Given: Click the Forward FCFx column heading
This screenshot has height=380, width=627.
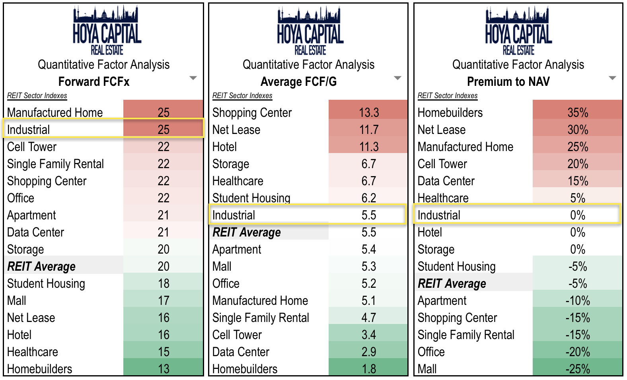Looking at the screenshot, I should (x=94, y=81).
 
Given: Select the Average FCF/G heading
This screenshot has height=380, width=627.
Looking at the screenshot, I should (x=298, y=81).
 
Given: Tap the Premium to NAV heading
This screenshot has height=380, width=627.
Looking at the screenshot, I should (x=508, y=81).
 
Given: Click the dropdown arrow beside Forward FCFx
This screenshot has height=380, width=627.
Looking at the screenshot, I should (x=193, y=78).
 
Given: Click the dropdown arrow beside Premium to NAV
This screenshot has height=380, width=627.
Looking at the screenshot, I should (x=612, y=78).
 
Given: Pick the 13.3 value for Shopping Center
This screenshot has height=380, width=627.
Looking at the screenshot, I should (x=369, y=112).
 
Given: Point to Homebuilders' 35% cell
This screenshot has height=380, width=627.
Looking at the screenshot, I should (x=578, y=112).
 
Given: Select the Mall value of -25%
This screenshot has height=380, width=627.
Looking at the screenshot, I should (x=578, y=369).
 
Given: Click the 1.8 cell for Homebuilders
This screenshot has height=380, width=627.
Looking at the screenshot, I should (x=369, y=369).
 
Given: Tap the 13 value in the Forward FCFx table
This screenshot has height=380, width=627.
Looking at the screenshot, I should (x=164, y=369).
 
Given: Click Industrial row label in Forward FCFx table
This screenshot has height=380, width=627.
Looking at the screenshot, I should (x=29, y=130).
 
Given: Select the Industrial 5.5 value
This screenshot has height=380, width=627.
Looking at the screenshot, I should (x=369, y=215).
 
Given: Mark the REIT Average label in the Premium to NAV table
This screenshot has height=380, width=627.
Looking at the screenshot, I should (x=452, y=283).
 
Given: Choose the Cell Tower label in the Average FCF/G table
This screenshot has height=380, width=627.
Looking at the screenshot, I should (x=237, y=335).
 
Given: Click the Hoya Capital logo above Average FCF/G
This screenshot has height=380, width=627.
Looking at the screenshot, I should (x=310, y=31).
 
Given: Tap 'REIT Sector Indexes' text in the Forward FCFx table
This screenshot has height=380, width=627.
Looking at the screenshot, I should (x=37, y=95).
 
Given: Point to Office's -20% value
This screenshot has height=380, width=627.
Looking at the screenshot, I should (x=578, y=352).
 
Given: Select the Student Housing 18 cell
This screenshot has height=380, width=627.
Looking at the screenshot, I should (x=164, y=283).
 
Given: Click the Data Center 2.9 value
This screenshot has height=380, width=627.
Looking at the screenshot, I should (x=369, y=352).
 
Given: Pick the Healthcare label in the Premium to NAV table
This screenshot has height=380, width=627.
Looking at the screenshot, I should (x=443, y=198).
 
